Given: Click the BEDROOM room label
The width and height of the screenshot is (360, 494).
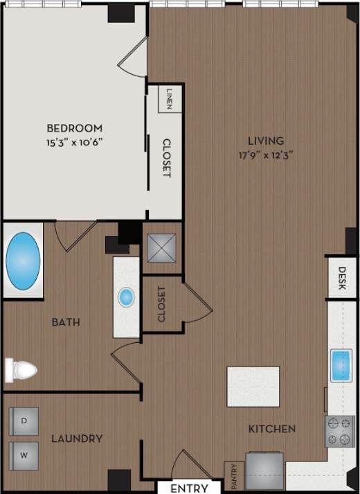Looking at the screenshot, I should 75,128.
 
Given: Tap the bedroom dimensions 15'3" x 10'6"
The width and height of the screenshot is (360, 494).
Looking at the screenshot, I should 75,143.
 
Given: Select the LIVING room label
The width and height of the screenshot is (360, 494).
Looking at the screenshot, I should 269,141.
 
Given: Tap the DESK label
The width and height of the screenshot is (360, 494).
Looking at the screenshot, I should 342,279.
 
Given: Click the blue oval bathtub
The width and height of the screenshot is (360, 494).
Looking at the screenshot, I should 23,261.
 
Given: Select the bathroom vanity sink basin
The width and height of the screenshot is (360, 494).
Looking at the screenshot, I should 126,298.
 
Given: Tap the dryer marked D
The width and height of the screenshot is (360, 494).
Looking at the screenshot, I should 24,421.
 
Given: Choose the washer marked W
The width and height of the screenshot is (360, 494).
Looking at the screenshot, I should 24,455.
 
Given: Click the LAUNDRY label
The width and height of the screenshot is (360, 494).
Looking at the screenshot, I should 77,439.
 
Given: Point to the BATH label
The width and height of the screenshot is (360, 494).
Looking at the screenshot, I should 66,322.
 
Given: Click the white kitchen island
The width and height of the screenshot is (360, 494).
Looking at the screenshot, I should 253,387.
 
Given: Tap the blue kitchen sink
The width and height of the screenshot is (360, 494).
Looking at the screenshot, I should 342,365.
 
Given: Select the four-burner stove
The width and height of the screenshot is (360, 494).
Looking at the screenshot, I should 340,431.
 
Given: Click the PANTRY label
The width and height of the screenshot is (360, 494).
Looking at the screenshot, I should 233,476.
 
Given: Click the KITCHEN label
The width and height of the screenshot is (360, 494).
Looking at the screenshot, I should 272,429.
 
